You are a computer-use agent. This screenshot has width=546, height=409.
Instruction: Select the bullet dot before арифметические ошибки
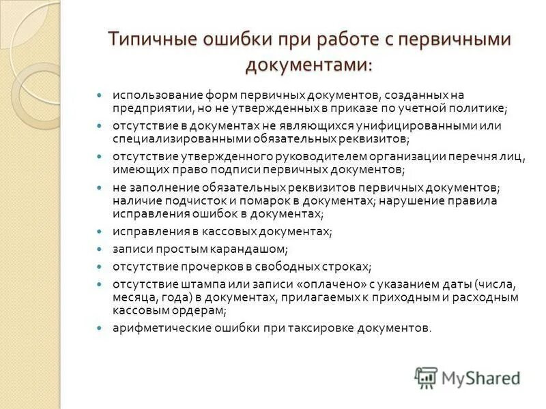(x=99, y=327)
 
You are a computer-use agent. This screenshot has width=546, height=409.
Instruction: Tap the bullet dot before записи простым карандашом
(x=99, y=249)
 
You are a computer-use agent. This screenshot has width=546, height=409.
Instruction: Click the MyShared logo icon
(x=426, y=377)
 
